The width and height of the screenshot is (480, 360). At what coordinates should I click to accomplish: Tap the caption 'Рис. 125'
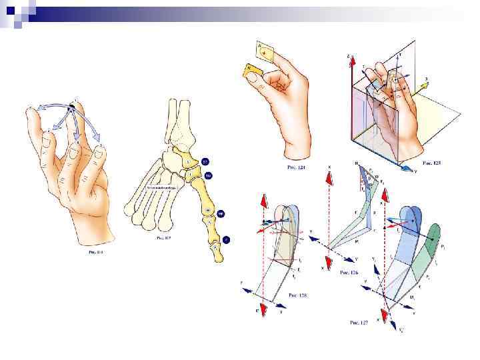[432, 163]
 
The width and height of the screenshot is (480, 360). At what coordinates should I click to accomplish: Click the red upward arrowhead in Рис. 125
[348, 61]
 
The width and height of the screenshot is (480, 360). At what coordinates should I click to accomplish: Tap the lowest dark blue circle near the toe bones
[227, 239]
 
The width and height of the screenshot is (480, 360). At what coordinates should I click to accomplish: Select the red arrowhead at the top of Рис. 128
[264, 201]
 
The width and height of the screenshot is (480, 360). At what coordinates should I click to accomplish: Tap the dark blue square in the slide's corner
[9, 10]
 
